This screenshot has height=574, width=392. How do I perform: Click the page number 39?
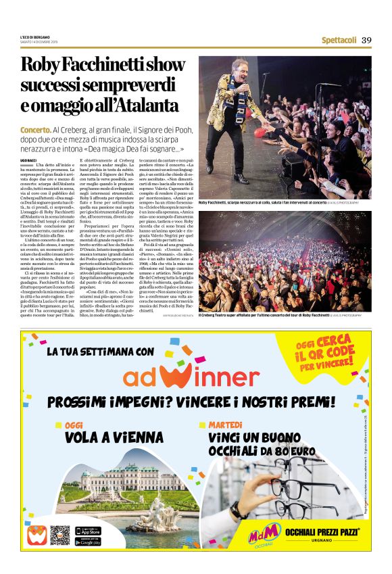click(366, 40)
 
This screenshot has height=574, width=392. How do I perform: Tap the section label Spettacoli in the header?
click(339, 40)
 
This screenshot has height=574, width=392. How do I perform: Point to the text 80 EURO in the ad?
click(295, 450)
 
